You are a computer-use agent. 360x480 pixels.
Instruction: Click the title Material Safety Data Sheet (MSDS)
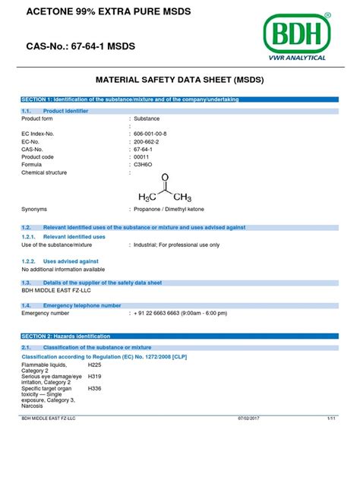[x=179, y=78]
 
